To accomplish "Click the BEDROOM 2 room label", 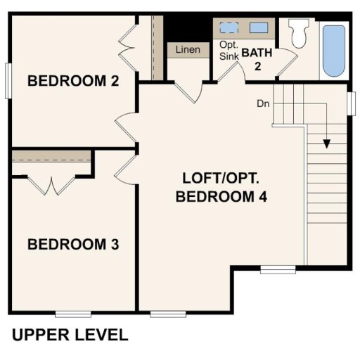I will click(72, 81).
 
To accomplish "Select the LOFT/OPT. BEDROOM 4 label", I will click(221, 187).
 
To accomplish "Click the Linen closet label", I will click(188, 50).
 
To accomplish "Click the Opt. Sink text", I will click(229, 50).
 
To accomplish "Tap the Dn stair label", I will click(263, 103).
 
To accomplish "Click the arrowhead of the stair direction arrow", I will click(327, 143).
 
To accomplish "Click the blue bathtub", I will click(333, 51).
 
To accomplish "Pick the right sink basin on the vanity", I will click(259, 28).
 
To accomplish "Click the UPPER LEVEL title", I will click(70, 334).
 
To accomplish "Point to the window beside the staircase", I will click(352, 102).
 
